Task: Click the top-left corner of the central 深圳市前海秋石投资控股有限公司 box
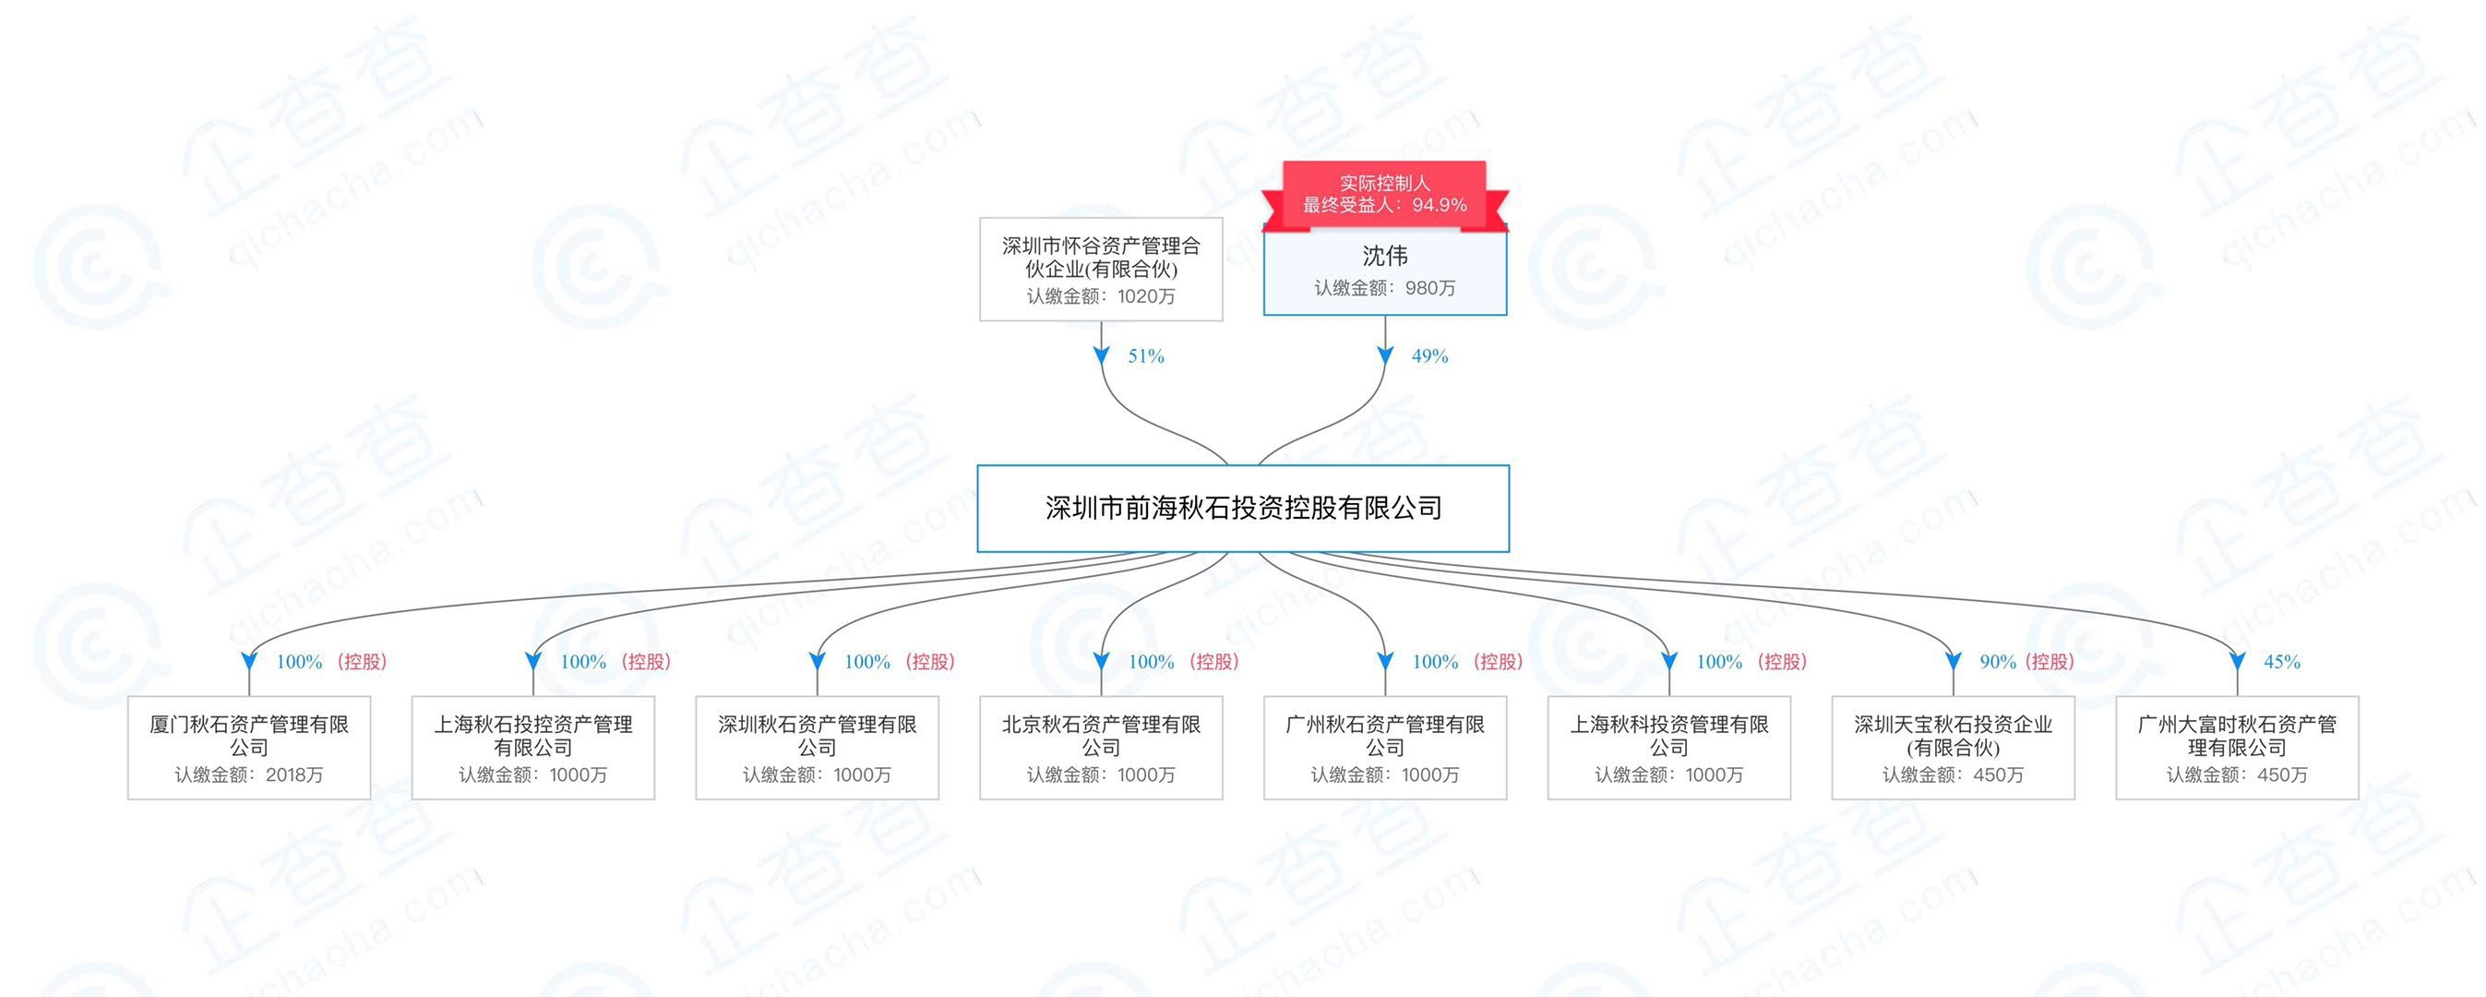tap(977, 466)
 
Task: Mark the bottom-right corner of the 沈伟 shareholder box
tap(1507, 315)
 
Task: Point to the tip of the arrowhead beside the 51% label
tap(1101, 366)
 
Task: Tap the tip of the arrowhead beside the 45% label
tap(2237, 672)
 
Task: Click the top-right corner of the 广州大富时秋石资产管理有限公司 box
tap(2359, 697)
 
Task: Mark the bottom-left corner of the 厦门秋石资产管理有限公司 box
tap(128, 799)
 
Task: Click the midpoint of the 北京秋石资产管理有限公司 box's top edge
tap(1101, 697)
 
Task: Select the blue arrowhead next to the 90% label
tap(1954, 662)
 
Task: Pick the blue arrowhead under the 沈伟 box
tap(1385, 356)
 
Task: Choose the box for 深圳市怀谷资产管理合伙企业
tap(1101, 270)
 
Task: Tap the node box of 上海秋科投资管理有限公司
tap(1669, 748)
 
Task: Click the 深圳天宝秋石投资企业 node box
tap(1954, 748)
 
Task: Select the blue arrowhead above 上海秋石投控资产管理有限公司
tap(532, 662)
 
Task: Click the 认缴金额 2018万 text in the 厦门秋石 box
tap(249, 775)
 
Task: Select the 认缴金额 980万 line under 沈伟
tap(1385, 288)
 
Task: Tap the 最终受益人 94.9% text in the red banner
tap(1385, 205)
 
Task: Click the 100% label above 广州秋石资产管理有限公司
tap(1435, 662)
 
